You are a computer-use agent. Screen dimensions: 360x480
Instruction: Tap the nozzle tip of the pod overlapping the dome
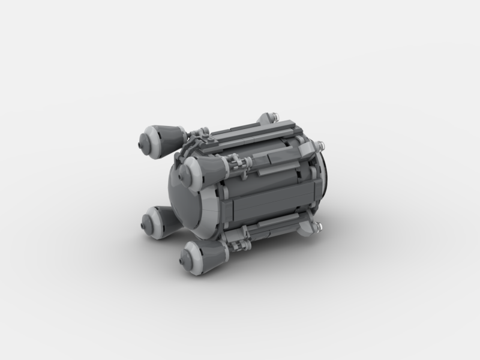[188, 163]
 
